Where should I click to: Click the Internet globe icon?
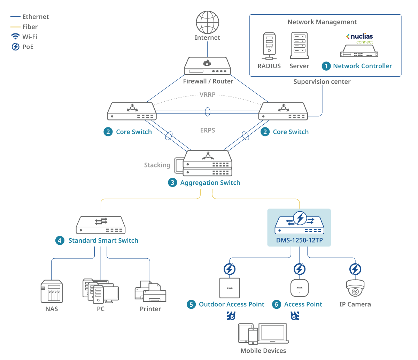[207, 22]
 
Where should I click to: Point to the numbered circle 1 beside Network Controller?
[326, 66]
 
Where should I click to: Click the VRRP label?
[207, 95]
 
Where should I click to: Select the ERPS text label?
[208, 131]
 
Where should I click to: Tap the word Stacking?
[157, 165]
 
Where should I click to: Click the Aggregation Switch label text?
[210, 183]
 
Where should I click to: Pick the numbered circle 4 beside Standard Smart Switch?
[60, 241]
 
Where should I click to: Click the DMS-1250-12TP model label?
[299, 240]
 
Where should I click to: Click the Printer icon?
[150, 292]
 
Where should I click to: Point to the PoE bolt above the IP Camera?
[355, 269]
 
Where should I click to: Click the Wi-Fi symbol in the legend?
[15, 37]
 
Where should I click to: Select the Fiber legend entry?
[30, 27]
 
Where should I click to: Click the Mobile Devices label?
[263, 351]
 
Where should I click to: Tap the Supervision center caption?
[322, 82]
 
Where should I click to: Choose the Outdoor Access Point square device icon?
[230, 288]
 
